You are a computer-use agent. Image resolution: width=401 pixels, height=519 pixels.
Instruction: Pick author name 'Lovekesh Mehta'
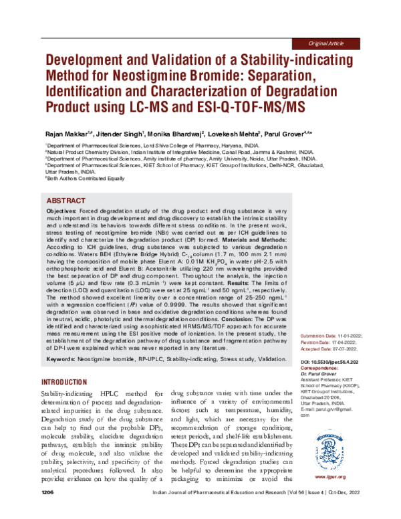[x=227, y=134]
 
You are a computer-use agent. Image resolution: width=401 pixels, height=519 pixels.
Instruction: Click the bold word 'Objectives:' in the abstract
[x=65, y=210]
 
